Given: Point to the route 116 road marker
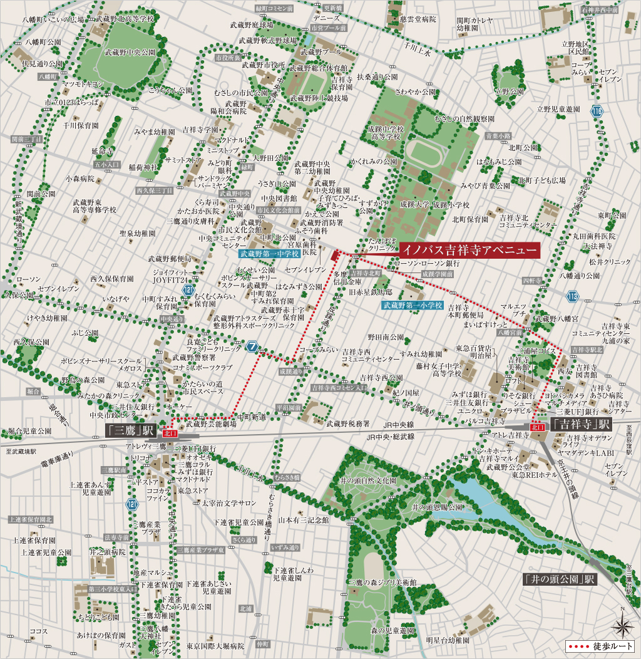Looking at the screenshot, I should pos(597,112).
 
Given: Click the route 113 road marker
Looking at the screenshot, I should pos(573,296).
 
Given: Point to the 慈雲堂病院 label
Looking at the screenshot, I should pos(416,19).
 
